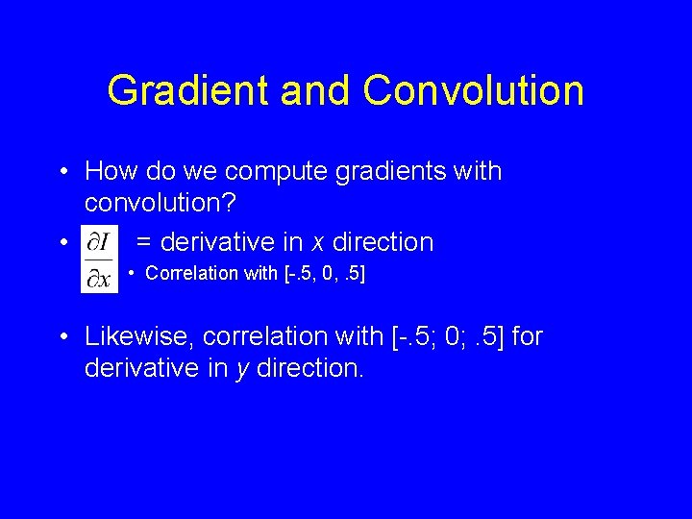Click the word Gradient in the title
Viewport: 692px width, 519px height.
point(188,91)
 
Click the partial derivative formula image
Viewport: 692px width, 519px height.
point(99,258)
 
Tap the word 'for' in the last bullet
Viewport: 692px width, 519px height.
point(529,336)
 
